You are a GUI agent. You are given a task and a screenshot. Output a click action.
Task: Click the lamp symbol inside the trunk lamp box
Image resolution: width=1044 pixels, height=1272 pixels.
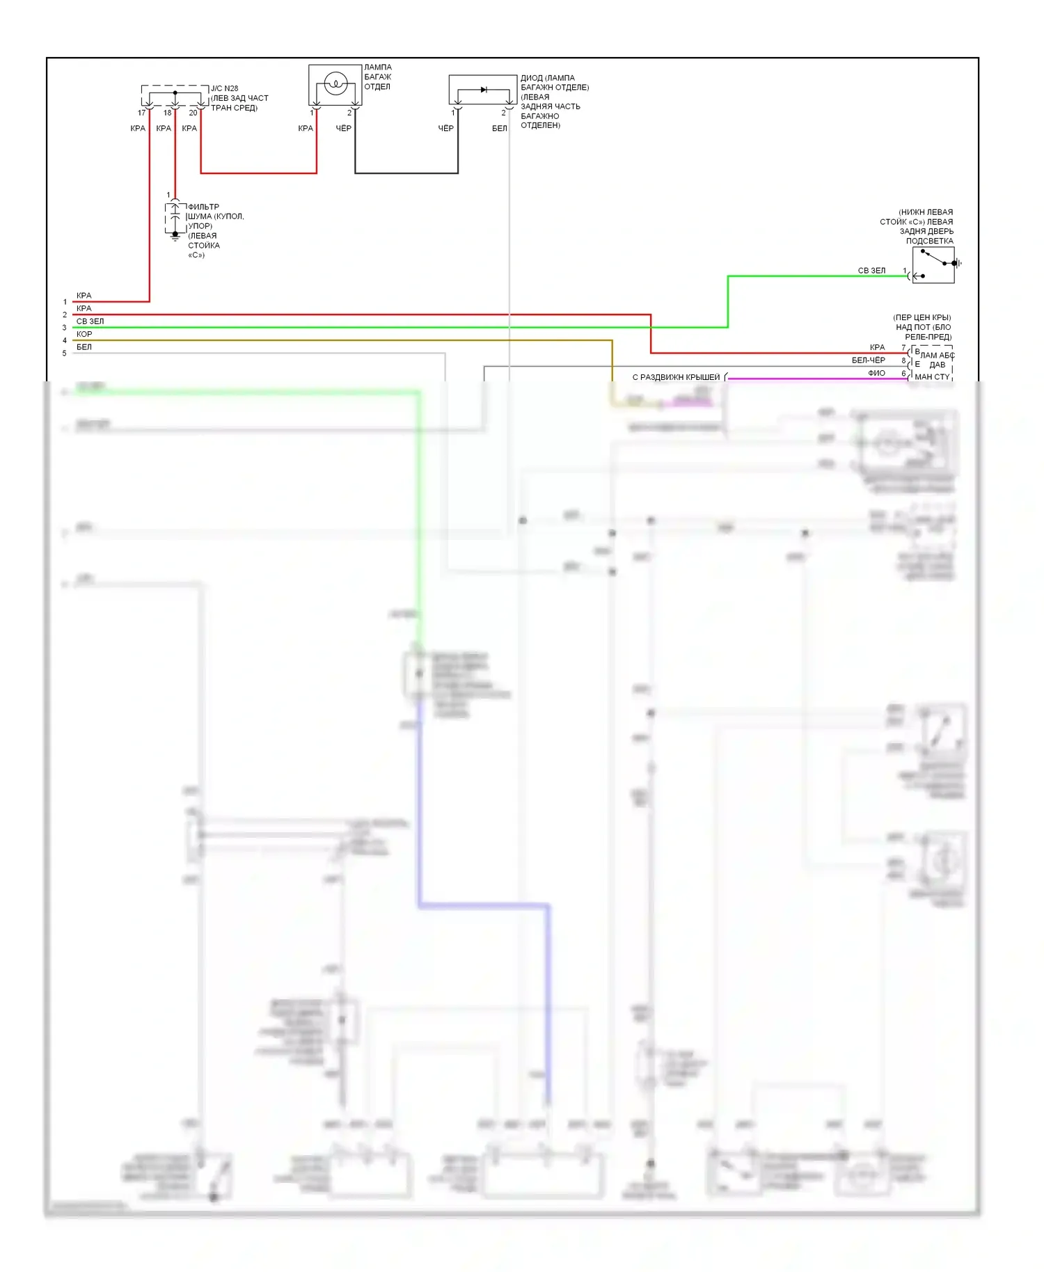tap(335, 84)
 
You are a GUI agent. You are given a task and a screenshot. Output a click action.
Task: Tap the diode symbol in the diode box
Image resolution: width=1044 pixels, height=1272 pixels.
tap(484, 90)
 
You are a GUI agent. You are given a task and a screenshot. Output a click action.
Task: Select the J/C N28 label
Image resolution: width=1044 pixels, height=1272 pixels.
tap(224, 88)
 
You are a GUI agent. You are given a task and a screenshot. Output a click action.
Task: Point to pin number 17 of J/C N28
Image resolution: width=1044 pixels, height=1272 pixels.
tap(142, 113)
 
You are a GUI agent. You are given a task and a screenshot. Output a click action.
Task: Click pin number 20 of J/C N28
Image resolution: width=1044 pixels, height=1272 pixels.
tap(193, 113)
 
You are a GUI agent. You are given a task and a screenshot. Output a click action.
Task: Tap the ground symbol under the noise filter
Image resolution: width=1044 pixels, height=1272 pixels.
tap(175, 237)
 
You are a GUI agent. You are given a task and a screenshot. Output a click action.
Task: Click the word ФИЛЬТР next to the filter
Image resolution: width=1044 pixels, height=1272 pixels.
tap(203, 207)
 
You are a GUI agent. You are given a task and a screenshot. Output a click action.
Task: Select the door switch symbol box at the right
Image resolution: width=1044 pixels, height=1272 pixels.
tap(933, 265)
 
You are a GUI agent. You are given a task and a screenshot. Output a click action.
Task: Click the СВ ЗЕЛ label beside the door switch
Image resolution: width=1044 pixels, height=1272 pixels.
tap(871, 271)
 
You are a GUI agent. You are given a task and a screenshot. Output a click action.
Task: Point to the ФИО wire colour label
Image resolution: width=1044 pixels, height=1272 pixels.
tap(876, 374)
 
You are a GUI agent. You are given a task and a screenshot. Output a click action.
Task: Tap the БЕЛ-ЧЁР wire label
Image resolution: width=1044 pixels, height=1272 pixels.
tap(868, 360)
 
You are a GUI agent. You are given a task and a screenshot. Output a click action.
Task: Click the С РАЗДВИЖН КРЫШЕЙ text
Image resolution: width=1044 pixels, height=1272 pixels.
tap(676, 377)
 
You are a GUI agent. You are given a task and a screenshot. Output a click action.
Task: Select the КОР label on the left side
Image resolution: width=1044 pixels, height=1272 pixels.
tap(84, 334)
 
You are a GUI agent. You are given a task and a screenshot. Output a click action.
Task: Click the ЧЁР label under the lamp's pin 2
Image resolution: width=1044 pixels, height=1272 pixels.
tap(344, 129)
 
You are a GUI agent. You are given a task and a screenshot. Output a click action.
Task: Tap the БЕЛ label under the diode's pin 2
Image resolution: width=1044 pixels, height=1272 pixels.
tap(500, 129)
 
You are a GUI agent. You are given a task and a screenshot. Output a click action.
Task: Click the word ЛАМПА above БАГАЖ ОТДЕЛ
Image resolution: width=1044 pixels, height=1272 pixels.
tap(378, 67)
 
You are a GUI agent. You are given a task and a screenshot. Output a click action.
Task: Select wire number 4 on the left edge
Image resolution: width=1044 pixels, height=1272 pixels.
tap(65, 341)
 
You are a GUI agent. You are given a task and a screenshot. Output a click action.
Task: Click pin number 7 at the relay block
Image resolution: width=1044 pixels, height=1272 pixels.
tap(903, 348)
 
